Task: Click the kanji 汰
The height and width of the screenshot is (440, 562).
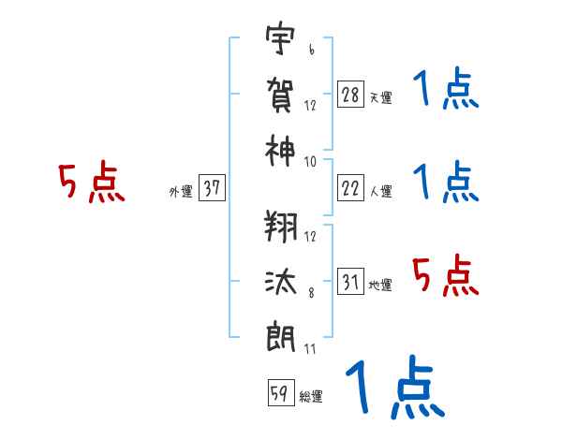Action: click(280, 282)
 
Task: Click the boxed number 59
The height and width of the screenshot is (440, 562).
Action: click(279, 394)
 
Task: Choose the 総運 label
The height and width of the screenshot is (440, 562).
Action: click(311, 397)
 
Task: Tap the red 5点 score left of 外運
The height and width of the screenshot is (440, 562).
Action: click(91, 183)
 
